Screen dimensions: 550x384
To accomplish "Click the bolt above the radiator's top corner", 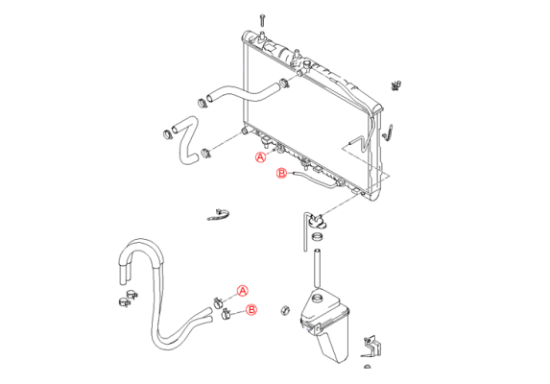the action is point(262,19).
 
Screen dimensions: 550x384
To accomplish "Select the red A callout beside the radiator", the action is point(260,157).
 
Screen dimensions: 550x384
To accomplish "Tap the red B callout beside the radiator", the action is point(282,173).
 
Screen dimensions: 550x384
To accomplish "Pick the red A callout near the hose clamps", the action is point(243,291).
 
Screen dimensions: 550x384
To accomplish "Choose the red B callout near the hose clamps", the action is point(251,310).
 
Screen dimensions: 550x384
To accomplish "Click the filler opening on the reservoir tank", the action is point(317,299).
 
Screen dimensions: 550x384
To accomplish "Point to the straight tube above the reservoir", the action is point(317,268).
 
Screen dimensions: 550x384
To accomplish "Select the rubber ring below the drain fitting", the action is point(318,237).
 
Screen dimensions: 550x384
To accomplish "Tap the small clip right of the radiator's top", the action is point(396,85).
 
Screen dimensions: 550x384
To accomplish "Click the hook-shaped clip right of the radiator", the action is point(388,132).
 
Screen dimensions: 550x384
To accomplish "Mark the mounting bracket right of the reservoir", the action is point(371,348).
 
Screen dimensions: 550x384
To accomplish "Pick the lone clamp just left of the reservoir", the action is point(285,310).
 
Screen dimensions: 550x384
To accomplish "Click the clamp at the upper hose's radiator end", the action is point(284,84).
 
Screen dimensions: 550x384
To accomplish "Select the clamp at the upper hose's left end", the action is point(202,103).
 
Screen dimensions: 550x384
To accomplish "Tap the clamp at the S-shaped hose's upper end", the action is point(168,134).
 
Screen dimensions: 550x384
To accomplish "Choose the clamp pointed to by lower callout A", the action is point(219,302).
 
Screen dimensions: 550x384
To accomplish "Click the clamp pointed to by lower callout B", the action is point(226,315).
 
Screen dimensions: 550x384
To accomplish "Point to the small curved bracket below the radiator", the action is point(218,215).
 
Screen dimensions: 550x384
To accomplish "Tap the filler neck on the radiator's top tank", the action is point(307,65).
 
